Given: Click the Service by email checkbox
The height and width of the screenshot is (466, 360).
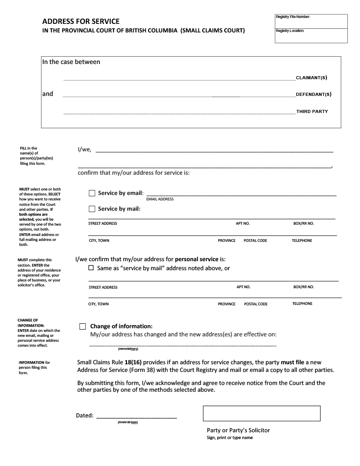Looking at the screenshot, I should pos(92,193).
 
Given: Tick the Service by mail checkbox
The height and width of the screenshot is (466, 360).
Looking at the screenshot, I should pos(92,209).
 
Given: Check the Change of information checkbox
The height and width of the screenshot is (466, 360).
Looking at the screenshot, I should pos(82,326).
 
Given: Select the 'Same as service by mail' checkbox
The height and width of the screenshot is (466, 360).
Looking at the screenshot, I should pos(91,268).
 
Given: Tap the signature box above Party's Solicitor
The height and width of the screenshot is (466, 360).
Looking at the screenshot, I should pos(261,413).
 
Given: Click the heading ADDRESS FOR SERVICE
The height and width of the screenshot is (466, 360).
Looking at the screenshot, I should pos(81,21).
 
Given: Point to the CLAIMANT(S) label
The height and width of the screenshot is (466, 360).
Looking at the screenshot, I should pos(311,77).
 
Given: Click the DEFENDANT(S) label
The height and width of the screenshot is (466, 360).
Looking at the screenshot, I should pos(314,95).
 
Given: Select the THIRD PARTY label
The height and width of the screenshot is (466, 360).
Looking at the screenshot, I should pos(312,111).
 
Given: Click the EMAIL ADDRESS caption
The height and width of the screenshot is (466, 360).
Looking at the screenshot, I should pos(160,199).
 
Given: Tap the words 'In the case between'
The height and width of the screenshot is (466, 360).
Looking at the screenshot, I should pos(71,62).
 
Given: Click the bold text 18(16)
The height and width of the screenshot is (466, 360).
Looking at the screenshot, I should pos(133,362).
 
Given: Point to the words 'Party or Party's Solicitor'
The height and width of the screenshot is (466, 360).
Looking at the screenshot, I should pos(238,430).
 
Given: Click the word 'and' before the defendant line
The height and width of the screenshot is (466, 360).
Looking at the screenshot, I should pos(48,94).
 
